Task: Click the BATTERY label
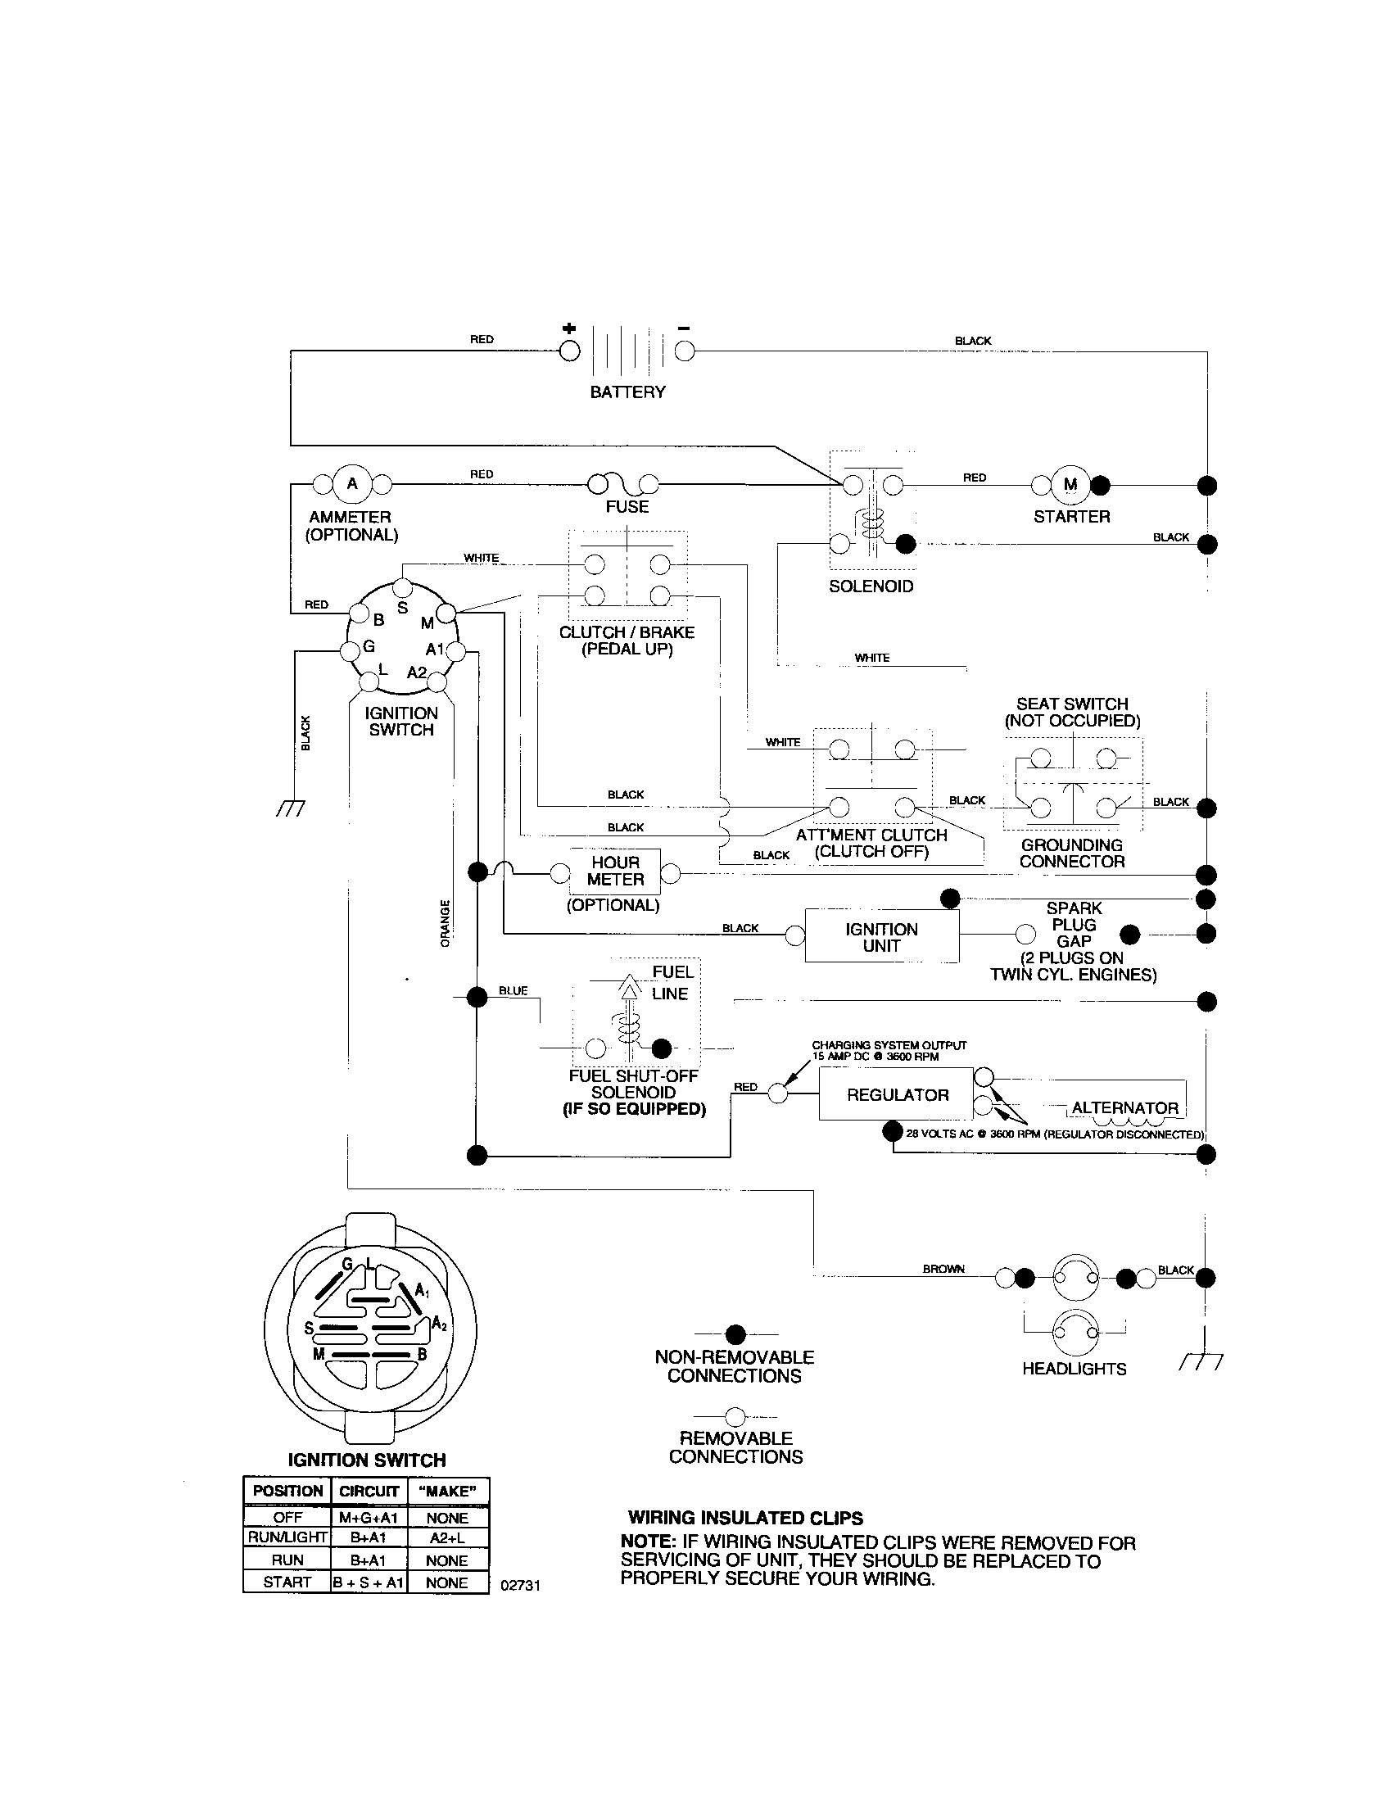pos(627,392)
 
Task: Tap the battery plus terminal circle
pos(569,352)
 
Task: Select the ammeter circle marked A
pos(352,483)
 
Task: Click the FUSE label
pos(627,506)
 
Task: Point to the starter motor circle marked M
pos(1070,484)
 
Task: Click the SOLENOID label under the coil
pos(871,586)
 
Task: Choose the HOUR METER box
pos(614,872)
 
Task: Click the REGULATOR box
pos(897,1095)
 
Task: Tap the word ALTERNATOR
pos(1124,1108)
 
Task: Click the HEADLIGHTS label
pos(1074,1369)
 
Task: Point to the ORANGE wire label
pos(446,923)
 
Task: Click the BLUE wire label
pos(513,990)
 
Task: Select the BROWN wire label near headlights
pos(943,1269)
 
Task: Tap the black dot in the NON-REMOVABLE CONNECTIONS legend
pos(735,1334)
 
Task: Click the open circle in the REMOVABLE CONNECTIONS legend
pos(735,1418)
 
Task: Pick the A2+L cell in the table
pos(448,1538)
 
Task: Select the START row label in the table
pos(286,1582)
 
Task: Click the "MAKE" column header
pos(448,1491)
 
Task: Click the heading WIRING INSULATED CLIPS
pos(744,1518)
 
